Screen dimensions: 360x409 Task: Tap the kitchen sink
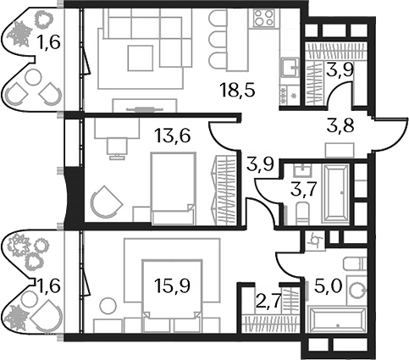[287, 66]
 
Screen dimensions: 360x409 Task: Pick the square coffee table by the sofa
[140, 58]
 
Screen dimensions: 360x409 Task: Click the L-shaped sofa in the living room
[144, 38]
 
